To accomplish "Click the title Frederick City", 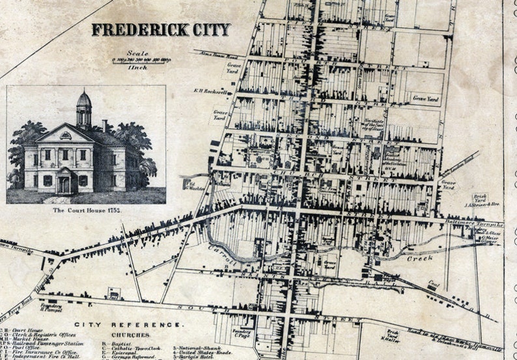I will click(160, 30).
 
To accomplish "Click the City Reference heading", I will click(128, 324).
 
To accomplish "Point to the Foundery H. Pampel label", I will click(50, 306).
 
